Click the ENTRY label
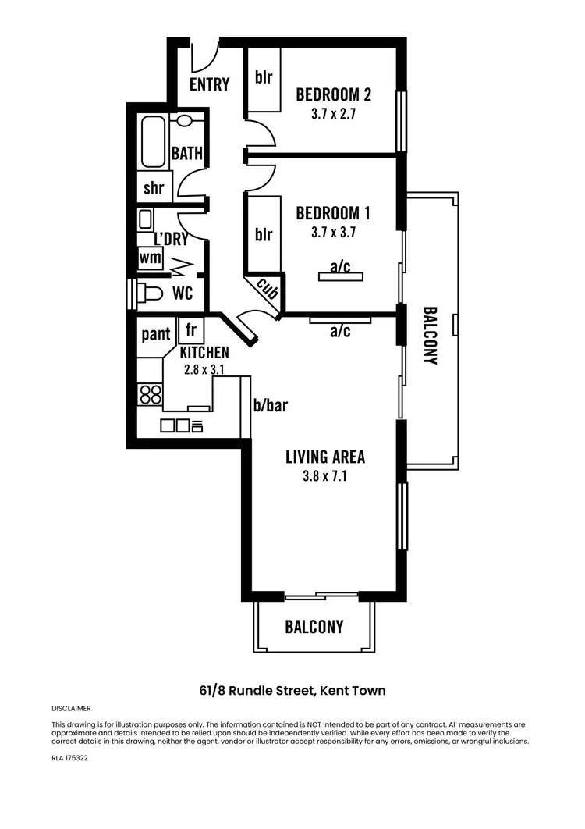point(209,84)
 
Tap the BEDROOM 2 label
point(333,95)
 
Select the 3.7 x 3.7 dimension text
point(333,231)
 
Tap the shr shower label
point(153,188)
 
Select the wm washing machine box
point(150,257)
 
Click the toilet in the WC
point(147,294)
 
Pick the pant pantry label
point(156,335)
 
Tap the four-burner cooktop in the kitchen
point(151,394)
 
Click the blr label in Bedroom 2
point(263,78)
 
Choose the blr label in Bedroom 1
point(264,233)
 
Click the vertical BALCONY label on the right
point(430,336)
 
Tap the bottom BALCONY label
point(314,627)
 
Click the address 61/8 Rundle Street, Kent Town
point(292,691)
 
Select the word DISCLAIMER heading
point(71,709)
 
